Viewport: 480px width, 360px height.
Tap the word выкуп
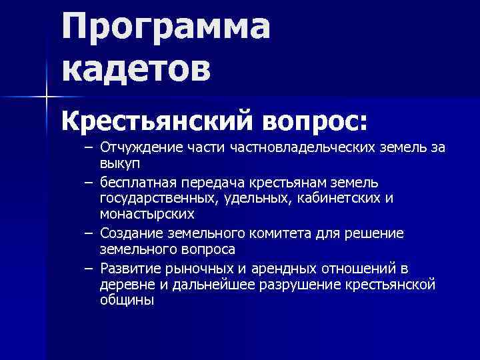(x=117, y=162)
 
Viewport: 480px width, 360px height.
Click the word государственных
(x=154, y=198)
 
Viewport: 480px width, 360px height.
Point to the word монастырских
(x=147, y=213)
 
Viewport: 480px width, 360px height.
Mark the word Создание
(x=128, y=233)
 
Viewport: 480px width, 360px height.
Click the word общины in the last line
(x=127, y=300)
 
